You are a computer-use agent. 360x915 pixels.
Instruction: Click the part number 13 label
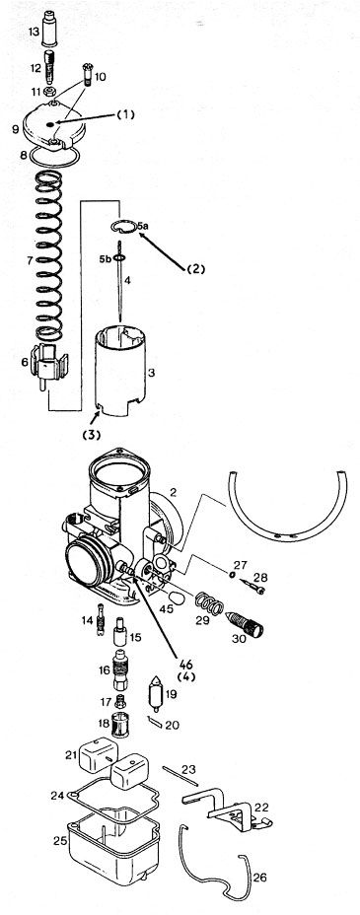pyautogui.click(x=34, y=31)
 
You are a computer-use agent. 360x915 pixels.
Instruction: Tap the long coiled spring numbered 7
pyautogui.click(x=49, y=256)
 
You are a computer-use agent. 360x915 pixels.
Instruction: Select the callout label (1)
pyautogui.click(x=125, y=115)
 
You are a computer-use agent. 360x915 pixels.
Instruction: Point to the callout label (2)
pyautogui.click(x=195, y=269)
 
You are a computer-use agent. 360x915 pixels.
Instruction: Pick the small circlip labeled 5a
pyautogui.click(x=124, y=226)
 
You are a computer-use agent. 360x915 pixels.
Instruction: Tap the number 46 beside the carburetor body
pyautogui.click(x=186, y=665)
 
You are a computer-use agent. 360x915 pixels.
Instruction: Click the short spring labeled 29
pyautogui.click(x=209, y=603)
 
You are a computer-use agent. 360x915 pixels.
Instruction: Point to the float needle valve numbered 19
pyautogui.click(x=155, y=693)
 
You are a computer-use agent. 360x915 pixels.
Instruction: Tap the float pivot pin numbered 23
pyautogui.click(x=180, y=776)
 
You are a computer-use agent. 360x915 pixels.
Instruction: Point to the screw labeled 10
pyautogui.click(x=89, y=78)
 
